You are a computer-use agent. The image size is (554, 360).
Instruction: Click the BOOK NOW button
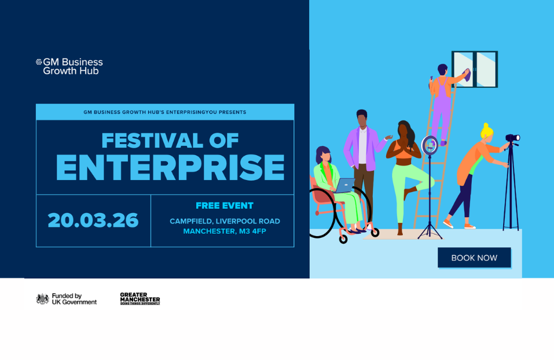(x=474, y=258)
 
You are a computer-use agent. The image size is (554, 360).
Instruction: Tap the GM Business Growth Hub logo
(x=69, y=66)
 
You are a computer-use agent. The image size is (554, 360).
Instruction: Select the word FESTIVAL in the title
(x=145, y=141)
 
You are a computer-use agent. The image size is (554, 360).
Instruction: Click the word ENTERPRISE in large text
(x=170, y=168)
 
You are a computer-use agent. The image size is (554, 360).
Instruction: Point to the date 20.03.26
(x=93, y=221)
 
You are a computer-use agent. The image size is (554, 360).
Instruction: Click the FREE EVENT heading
(x=225, y=205)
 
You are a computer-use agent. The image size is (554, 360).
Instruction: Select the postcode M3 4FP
(x=250, y=232)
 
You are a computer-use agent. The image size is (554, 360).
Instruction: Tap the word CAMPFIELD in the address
(x=191, y=221)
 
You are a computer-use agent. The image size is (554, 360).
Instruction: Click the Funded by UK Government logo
(x=67, y=299)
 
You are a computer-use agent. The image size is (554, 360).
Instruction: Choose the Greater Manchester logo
(x=140, y=299)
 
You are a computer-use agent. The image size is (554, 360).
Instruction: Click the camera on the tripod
(x=512, y=138)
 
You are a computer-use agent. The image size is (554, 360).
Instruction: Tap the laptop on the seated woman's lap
(x=344, y=186)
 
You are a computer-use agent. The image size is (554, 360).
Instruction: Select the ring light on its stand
(x=430, y=145)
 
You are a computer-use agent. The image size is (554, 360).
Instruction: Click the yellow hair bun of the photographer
(x=485, y=127)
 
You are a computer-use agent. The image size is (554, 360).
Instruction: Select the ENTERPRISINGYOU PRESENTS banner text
(x=165, y=112)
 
